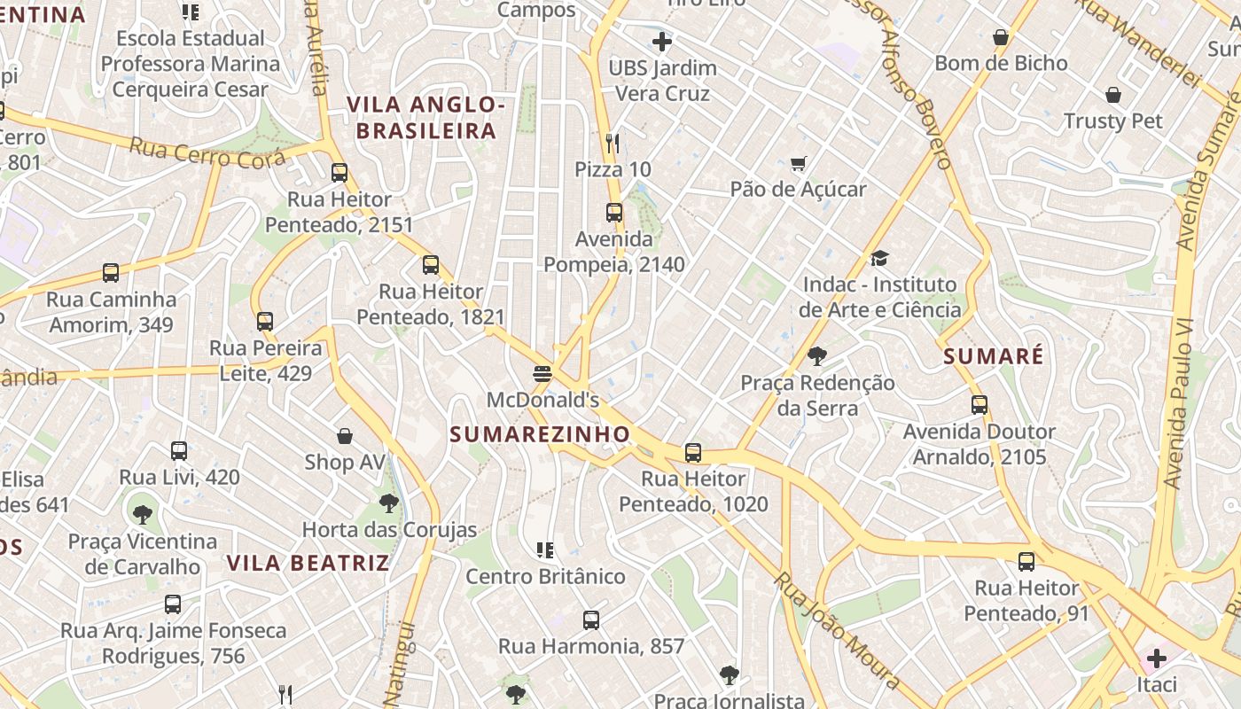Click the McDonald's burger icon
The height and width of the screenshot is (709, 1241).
[x=542, y=374]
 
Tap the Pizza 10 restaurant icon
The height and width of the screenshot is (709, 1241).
[x=613, y=143]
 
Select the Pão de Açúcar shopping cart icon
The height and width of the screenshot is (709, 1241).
[x=798, y=163]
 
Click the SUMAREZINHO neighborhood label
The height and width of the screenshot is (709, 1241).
[x=540, y=434]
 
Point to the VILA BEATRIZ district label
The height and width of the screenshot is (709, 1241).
[x=308, y=563]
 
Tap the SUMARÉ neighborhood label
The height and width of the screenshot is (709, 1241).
[x=994, y=356]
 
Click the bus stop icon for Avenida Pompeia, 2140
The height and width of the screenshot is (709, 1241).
[x=613, y=213]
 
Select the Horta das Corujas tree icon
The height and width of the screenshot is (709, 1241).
[x=388, y=504]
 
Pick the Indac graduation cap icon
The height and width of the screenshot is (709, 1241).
[x=878, y=259]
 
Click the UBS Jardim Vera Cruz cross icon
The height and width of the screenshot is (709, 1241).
[x=661, y=42]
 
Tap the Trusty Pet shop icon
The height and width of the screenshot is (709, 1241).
[x=1113, y=95]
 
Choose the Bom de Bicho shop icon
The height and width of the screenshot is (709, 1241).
[x=1001, y=37]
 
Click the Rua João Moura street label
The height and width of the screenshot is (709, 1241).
[x=837, y=630]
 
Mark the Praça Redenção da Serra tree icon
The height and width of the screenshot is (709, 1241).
[x=816, y=356]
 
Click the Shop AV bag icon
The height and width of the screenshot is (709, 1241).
[x=345, y=436]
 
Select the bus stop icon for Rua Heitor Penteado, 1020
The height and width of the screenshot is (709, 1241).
[x=693, y=453]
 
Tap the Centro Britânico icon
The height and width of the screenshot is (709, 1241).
[x=545, y=550]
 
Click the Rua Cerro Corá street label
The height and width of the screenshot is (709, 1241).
[x=207, y=153]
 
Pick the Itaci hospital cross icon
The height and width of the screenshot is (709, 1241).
[x=1156, y=658]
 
